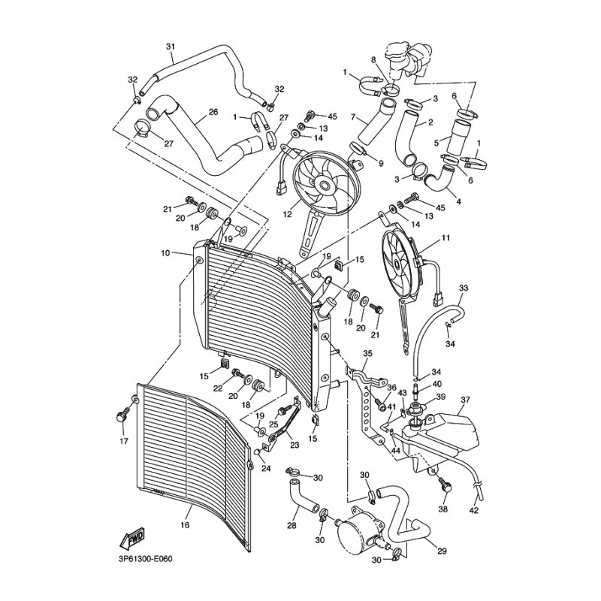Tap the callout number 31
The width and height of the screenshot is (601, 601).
pos(170,47)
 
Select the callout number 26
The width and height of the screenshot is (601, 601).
pos(213,113)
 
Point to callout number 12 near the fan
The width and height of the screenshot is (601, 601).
pos(286,214)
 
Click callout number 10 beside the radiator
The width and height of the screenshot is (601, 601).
pos(165,252)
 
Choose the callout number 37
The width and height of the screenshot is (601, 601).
pos(465,399)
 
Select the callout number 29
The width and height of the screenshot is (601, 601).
pos(442,551)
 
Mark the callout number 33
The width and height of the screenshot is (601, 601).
pos(464,288)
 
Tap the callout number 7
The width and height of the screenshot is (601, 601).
pos(353,118)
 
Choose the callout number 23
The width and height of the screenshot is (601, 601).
pos(294,444)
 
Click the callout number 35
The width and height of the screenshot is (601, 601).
pos(367,353)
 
